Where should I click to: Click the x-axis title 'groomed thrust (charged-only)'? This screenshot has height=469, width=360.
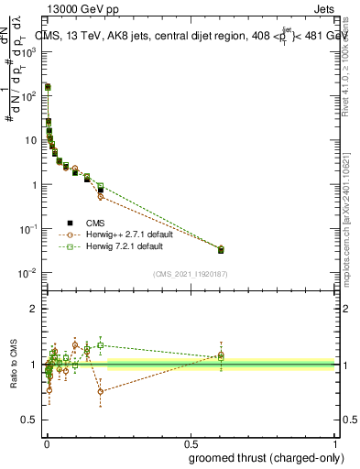[x=261, y=458]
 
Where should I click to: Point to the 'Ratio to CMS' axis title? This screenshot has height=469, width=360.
[x=14, y=365]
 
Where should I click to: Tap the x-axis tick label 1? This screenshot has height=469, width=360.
[x=334, y=443]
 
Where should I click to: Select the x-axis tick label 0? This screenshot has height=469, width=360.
[x=46, y=443]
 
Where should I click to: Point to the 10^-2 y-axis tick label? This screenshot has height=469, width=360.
[x=29, y=273]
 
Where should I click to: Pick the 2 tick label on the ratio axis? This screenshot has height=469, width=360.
[x=34, y=309]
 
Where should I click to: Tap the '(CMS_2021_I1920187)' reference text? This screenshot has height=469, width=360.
[x=191, y=274]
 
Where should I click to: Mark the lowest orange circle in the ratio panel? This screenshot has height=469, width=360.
[x=101, y=391]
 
